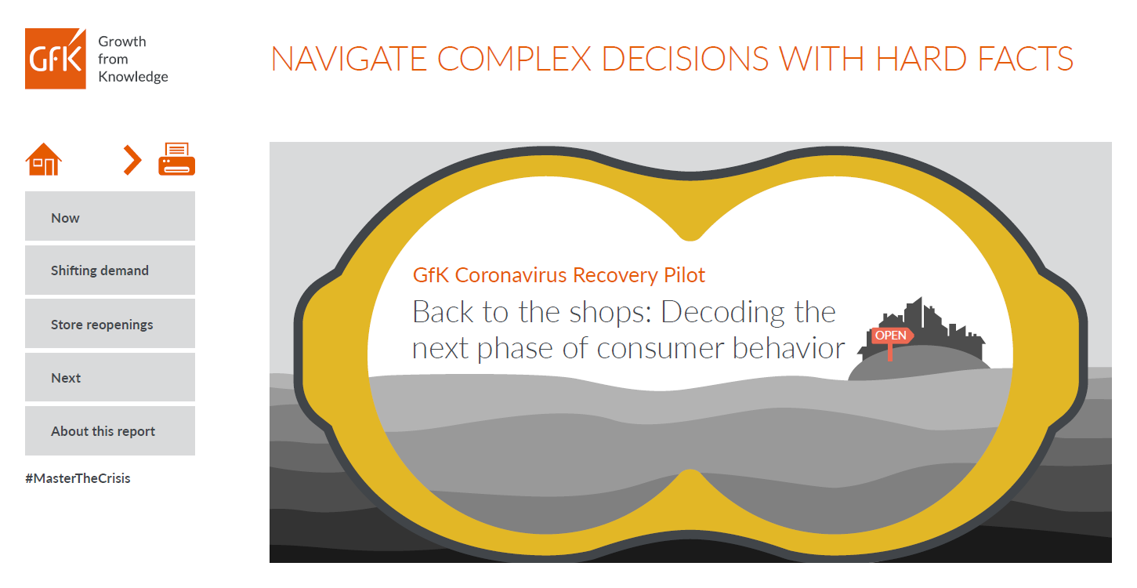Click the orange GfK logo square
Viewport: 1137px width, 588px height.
tap(56, 58)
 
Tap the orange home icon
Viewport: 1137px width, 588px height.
tap(44, 159)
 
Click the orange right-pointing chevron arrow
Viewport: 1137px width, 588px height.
tap(132, 160)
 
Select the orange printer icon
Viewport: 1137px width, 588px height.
tap(176, 159)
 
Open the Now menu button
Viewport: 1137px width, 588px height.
tap(110, 216)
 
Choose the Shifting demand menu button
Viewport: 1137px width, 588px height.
tap(110, 270)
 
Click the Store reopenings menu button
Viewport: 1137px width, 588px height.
tap(110, 324)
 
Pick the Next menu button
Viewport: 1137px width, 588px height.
tap(110, 377)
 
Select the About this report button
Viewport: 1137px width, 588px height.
tap(110, 430)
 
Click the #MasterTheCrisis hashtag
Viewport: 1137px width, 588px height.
tap(78, 478)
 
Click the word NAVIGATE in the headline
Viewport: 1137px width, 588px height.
tap(348, 59)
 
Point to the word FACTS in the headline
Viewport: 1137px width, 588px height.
tap(1025, 59)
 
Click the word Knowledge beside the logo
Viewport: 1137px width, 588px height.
tap(133, 77)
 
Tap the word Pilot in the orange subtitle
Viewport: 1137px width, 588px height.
tap(684, 274)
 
